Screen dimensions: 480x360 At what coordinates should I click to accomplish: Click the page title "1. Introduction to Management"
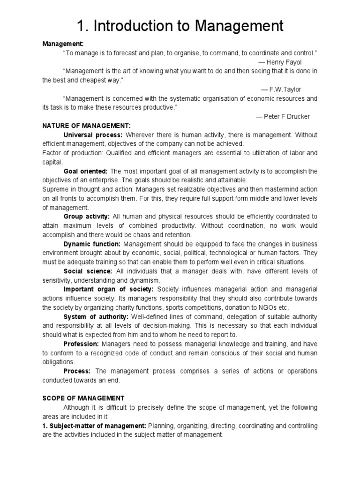pyautogui.click(x=180, y=25)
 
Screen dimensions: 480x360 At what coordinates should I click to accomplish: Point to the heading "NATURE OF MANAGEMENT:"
pyautogui.click(x=86, y=126)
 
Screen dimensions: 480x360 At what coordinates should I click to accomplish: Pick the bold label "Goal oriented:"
pyautogui.click(x=85, y=171)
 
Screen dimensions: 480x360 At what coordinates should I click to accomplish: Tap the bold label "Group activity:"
pyautogui.click(x=86, y=217)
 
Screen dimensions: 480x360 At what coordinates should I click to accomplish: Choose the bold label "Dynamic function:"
pyautogui.click(x=92, y=244)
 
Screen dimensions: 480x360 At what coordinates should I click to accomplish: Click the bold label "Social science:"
pyautogui.click(x=88, y=271)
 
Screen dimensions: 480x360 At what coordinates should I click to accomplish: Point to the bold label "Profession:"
pyautogui.click(x=81, y=344)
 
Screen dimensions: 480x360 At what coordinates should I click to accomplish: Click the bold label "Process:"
pyautogui.click(x=78, y=371)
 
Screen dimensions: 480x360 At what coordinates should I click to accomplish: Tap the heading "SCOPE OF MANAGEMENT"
pyautogui.click(x=83, y=398)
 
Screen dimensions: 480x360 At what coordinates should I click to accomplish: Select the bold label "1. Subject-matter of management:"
pyautogui.click(x=94, y=426)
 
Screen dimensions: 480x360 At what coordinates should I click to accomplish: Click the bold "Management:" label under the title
pyautogui.click(x=63, y=44)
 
